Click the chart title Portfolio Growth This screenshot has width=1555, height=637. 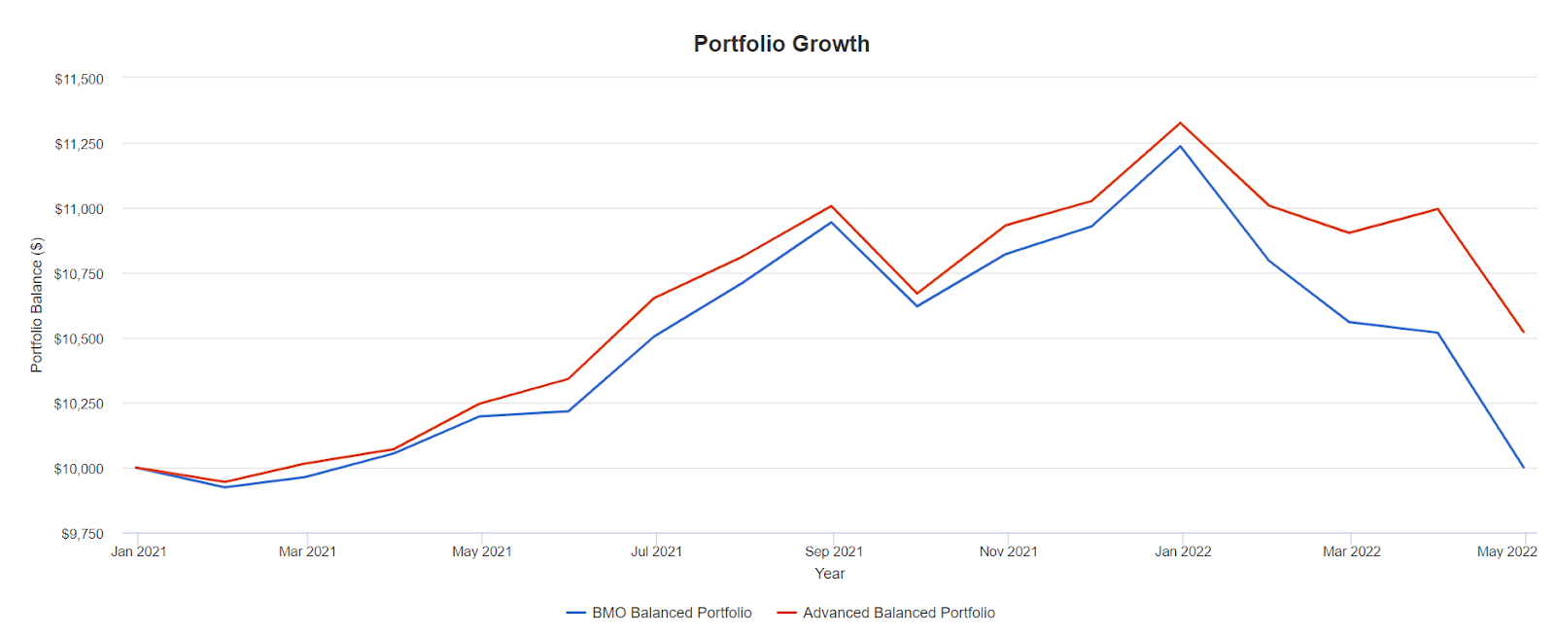point(781,44)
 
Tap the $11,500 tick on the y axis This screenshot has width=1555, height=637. point(79,79)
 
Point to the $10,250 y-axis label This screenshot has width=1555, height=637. point(79,404)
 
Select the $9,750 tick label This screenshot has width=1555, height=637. point(82,534)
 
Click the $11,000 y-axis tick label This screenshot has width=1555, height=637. point(79,209)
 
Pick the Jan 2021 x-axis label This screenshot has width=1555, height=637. point(138,551)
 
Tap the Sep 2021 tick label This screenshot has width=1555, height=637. point(834,551)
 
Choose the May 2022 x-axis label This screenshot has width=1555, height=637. point(1506,551)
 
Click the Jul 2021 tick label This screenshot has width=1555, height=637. point(656,551)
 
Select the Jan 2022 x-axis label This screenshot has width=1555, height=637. point(1183,551)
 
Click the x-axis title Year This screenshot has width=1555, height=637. point(829,574)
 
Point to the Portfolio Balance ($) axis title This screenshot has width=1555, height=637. point(37,304)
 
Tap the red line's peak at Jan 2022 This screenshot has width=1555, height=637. point(1181,123)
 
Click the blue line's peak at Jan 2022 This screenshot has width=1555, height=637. point(1181,146)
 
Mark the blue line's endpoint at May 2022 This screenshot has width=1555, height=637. point(1524,468)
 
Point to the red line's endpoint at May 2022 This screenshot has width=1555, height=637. point(1524,332)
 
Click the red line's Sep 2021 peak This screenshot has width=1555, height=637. point(832,206)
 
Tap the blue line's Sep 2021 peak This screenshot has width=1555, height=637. point(832,222)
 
